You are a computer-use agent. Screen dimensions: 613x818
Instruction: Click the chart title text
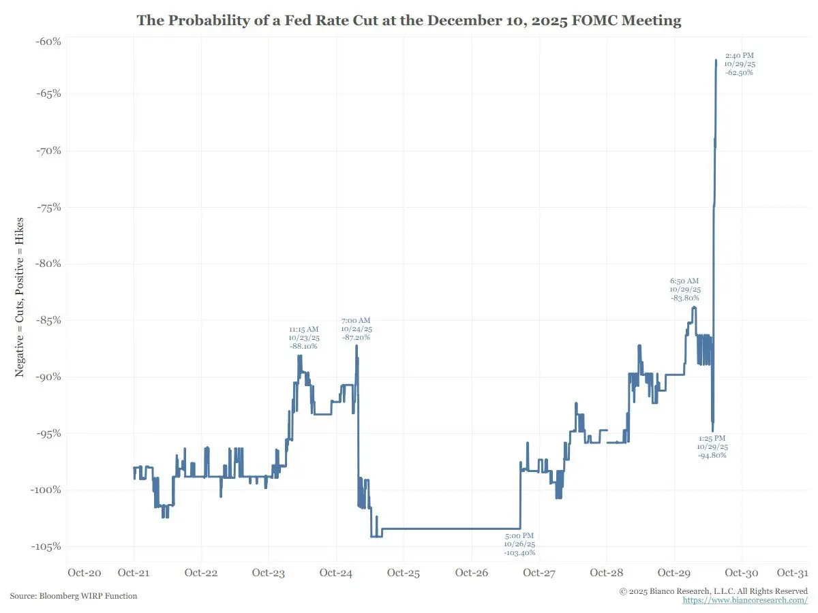(x=409, y=20)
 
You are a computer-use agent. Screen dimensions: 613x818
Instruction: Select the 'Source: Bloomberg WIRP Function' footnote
(x=74, y=596)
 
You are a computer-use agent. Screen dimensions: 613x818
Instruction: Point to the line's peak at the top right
(x=716, y=60)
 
